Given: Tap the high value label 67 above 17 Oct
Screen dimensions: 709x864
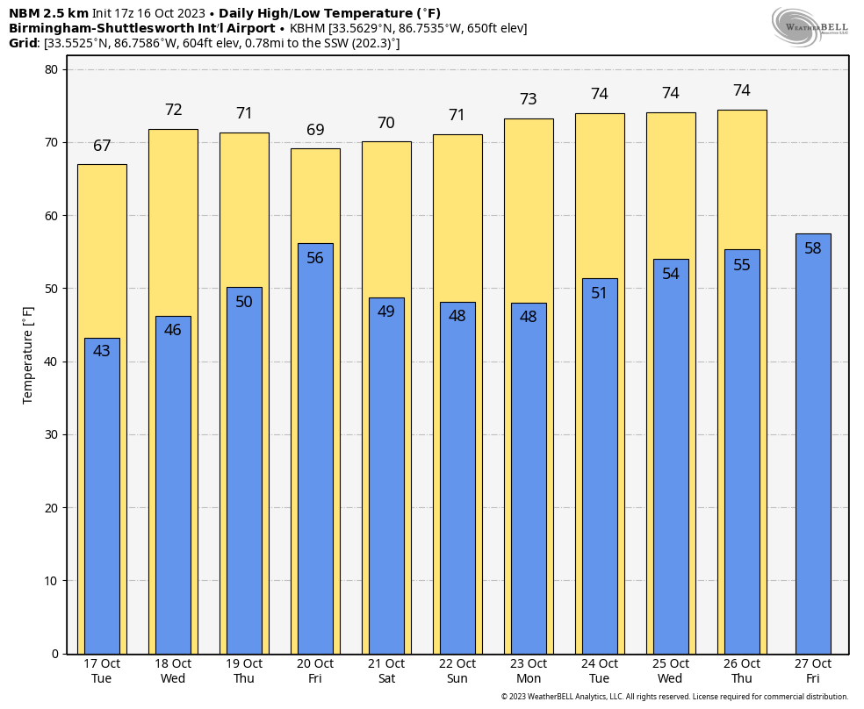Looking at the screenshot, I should [x=102, y=146].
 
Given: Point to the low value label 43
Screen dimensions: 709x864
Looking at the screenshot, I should [x=102, y=351].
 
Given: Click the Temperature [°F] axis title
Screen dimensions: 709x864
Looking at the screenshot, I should [x=28, y=354].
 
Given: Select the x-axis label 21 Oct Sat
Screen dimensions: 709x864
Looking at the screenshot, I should [x=386, y=670].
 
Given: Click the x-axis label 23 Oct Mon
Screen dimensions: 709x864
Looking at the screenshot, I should [x=529, y=670].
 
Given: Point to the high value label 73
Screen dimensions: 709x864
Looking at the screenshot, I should [x=529, y=99].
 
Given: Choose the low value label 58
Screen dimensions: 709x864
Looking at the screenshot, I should [x=813, y=248].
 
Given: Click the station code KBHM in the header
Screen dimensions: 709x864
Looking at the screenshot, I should [x=308, y=28].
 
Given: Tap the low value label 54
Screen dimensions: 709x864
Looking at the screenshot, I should [x=671, y=274].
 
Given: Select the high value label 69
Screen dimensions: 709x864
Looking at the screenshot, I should [x=315, y=130].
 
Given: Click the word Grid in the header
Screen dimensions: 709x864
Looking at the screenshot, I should [x=23, y=43].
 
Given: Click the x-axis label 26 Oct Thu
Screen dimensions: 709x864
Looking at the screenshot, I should [x=742, y=670].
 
